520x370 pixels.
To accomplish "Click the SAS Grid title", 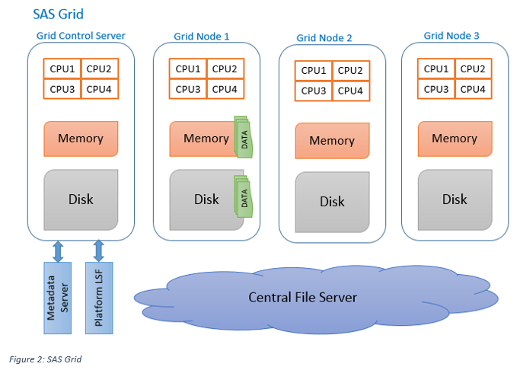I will tap(59, 14).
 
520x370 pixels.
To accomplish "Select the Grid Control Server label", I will tap(81, 36).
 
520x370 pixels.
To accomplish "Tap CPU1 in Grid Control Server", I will tap(62, 69).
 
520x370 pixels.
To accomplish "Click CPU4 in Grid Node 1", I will tap(224, 89).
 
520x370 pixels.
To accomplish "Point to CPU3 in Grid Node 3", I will tap(436, 89).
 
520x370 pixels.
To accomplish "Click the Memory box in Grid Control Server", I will tap(80, 139).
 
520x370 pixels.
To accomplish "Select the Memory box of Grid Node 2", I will tap(332, 141).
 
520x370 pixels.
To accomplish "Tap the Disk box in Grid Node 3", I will tap(455, 199).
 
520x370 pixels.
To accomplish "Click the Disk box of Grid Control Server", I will tap(81, 199).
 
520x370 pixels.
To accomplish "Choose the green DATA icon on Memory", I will tap(243, 138).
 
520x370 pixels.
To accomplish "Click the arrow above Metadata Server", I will tap(57, 251).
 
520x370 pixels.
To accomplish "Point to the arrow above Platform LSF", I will tap(99, 251).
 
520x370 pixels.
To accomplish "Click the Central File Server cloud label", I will tap(302, 297).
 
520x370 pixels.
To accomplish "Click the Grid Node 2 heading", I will tap(324, 37).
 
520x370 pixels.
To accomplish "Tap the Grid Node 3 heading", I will tap(451, 35).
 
